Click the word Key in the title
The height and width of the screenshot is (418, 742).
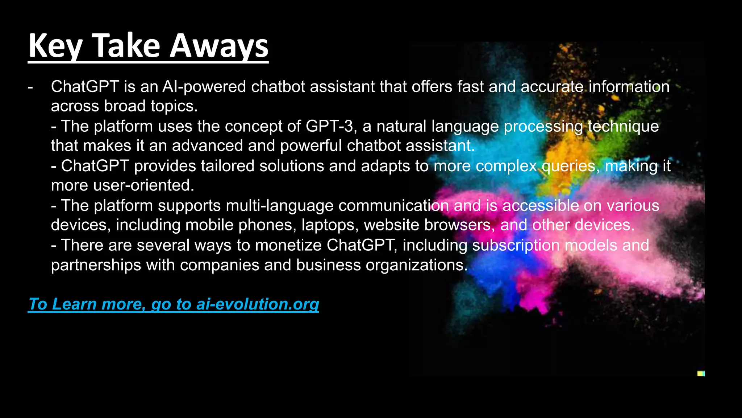55,46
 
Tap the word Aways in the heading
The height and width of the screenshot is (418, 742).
219,46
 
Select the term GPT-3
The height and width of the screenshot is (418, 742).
329,126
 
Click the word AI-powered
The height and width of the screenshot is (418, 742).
204,87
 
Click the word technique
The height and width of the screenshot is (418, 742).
623,126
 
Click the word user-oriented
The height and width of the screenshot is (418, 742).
144,185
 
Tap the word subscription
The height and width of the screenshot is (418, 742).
516,245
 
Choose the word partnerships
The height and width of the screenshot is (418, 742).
96,265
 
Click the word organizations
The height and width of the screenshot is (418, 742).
417,265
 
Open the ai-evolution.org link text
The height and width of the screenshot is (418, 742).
258,304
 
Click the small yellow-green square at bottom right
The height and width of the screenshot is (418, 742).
701,373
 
